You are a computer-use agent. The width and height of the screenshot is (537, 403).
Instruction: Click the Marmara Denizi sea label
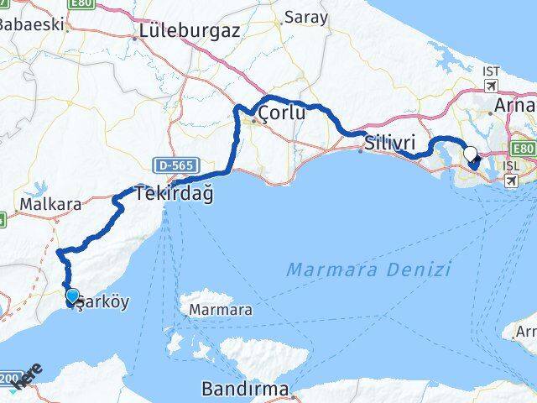(x=368, y=270)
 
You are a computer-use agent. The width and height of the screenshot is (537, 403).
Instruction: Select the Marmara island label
(x=221, y=310)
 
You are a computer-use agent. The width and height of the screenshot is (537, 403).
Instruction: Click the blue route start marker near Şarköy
(x=72, y=296)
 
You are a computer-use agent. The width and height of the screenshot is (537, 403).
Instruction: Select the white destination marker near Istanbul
(x=470, y=154)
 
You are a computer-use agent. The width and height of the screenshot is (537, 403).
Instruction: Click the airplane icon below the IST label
(x=491, y=86)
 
